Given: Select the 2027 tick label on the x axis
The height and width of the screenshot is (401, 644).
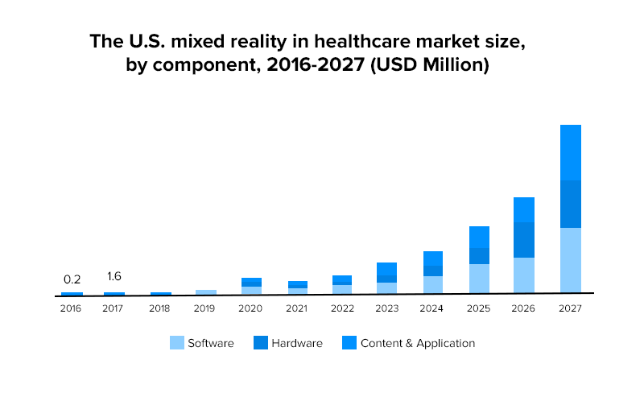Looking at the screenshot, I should [x=571, y=308].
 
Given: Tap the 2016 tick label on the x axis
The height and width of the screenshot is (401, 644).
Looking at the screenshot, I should [x=71, y=308].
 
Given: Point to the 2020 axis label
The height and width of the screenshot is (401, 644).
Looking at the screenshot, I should [x=251, y=308].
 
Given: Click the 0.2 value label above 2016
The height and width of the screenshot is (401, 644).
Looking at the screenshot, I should [x=72, y=280].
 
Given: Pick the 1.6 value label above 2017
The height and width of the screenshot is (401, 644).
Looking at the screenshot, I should [x=114, y=276].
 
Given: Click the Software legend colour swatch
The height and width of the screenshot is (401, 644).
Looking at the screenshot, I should [x=177, y=343].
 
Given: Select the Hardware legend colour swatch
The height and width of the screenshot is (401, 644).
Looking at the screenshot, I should [x=261, y=343].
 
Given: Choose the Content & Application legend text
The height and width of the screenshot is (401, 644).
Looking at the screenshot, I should [x=418, y=343].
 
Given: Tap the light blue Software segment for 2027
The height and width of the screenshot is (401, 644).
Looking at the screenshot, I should [x=571, y=260].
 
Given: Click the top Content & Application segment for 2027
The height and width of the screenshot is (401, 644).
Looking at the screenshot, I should [x=571, y=153].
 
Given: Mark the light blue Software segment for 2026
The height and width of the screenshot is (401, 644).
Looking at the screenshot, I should [x=524, y=275].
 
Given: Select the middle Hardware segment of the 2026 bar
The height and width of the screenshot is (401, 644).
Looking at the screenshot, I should [x=524, y=240].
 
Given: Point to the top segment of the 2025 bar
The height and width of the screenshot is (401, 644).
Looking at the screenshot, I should [x=480, y=237].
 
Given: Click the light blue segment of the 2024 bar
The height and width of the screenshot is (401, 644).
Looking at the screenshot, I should [x=433, y=285].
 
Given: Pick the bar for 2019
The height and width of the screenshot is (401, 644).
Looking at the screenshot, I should [x=206, y=292].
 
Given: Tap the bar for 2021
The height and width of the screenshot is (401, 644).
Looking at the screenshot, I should [x=298, y=287].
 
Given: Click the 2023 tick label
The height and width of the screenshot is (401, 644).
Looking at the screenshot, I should [x=387, y=308].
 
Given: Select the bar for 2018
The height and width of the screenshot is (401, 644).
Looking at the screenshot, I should [x=161, y=294].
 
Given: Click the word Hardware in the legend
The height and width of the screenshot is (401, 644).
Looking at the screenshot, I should [x=297, y=343].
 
